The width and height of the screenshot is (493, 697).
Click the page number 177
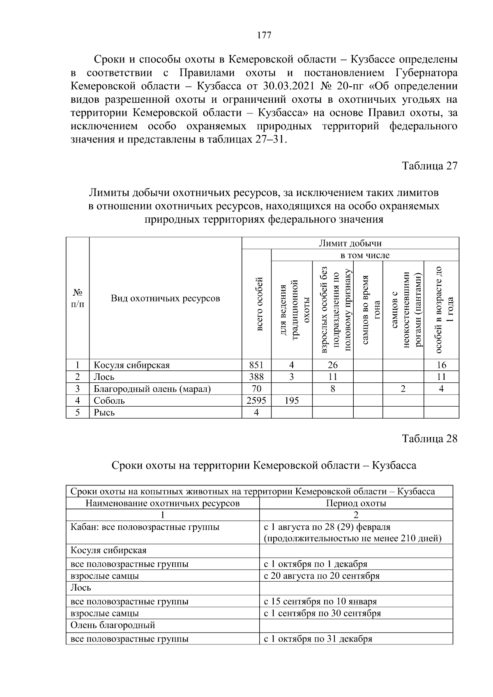(x=264, y=35)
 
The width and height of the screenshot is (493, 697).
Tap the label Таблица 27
(x=429, y=166)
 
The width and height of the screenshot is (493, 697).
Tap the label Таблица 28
(x=429, y=439)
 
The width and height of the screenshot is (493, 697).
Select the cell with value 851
(x=256, y=365)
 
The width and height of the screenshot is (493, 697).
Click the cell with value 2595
(x=256, y=400)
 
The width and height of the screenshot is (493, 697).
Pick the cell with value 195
(x=291, y=400)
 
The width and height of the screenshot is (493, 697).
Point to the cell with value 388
(x=256, y=377)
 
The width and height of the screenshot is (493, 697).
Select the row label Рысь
(x=104, y=412)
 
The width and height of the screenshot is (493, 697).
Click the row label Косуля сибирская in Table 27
(x=131, y=365)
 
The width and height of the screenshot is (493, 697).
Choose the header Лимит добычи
(x=350, y=243)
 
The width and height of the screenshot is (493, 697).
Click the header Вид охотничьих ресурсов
(x=165, y=298)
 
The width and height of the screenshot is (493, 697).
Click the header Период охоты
(x=356, y=503)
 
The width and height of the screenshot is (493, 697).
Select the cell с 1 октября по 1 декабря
(x=316, y=564)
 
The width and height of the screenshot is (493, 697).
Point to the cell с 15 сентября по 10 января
(x=320, y=601)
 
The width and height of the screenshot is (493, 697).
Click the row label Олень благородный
(x=113, y=625)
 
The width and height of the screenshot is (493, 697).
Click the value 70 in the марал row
(x=256, y=389)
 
